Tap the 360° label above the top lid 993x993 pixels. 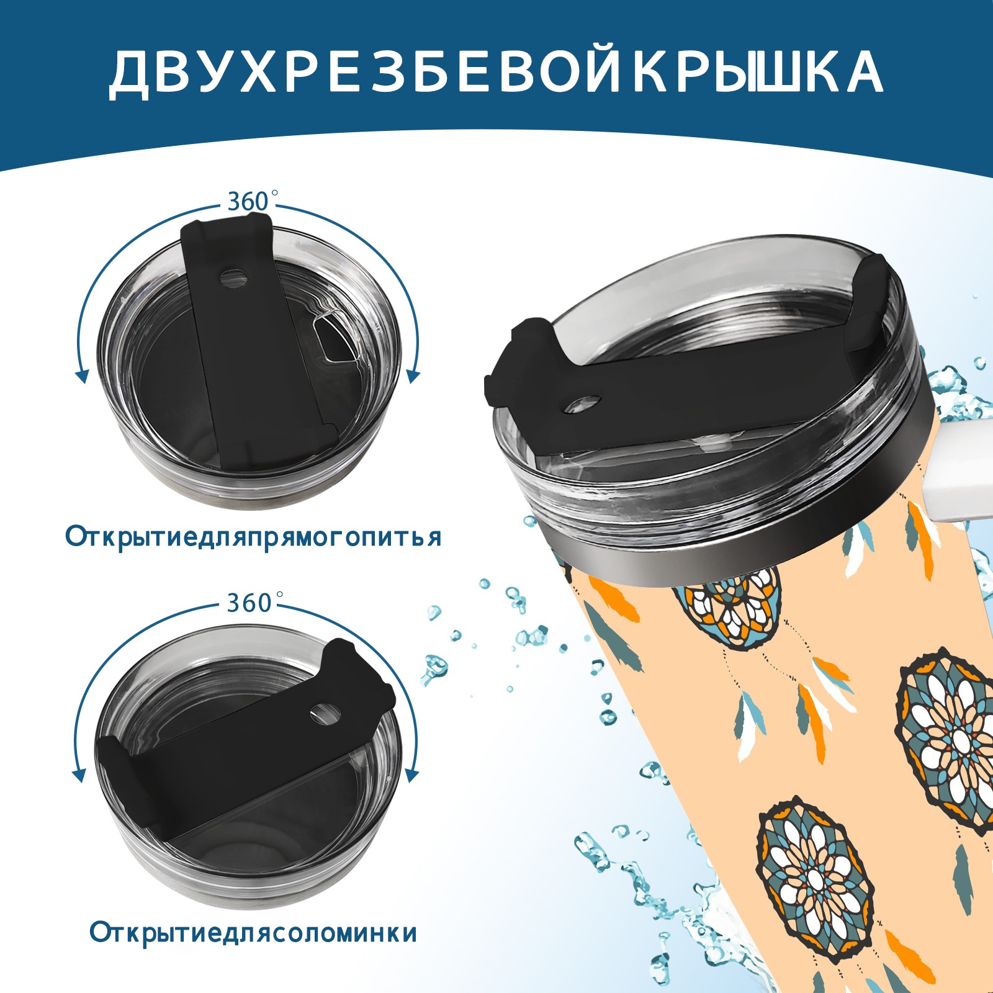point(251,201)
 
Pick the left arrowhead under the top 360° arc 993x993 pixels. point(81,375)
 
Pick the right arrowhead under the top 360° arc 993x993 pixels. point(413,375)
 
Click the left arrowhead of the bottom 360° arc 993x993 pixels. point(79,775)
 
